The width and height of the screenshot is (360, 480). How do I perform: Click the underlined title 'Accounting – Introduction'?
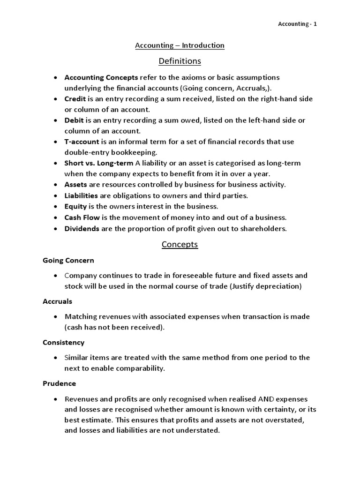tap(180, 45)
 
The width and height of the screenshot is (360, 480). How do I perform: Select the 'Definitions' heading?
tap(180, 61)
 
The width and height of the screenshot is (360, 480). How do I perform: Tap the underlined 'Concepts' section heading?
tap(180, 244)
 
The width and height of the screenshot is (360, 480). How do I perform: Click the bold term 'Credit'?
tap(74, 99)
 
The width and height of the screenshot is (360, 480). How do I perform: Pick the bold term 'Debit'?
tap(74, 120)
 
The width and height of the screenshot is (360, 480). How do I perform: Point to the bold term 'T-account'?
tap(82, 142)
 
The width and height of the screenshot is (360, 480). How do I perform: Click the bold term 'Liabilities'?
tap(81, 195)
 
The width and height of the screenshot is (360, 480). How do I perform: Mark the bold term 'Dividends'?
tap(82, 229)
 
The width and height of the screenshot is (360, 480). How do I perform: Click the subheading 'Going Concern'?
tap(68, 260)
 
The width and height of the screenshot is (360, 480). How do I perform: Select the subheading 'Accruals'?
tap(57, 301)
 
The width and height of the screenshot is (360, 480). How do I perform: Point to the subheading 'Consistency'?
tap(64, 343)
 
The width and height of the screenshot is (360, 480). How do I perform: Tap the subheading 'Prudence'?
tap(59, 383)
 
